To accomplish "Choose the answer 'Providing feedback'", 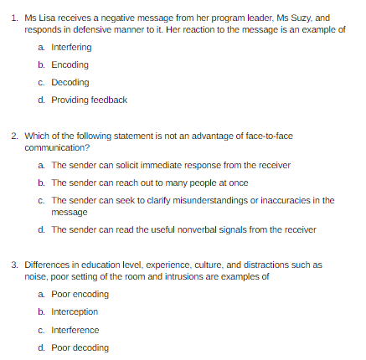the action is tap(89, 100).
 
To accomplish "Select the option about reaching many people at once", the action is tap(149, 182).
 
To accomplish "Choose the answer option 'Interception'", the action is tap(75, 311).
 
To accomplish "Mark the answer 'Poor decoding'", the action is tap(80, 347).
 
